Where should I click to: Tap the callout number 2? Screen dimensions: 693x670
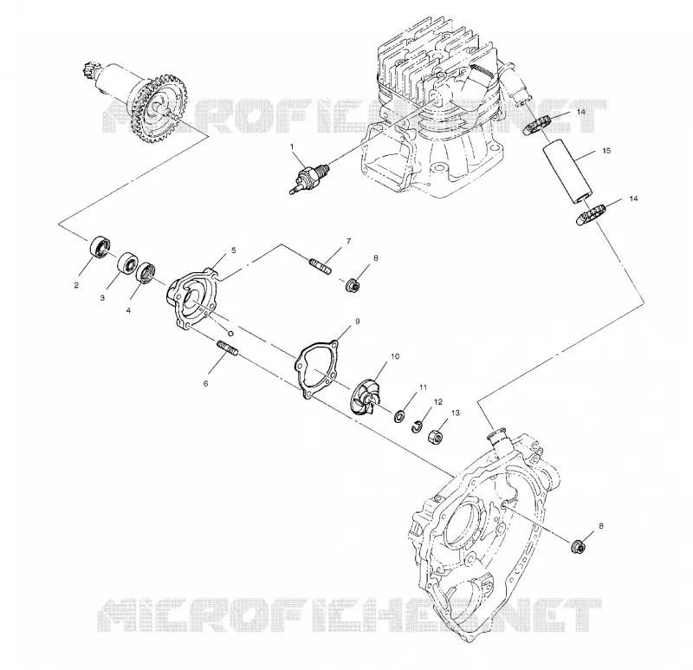point(76,285)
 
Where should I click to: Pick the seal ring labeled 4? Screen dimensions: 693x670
point(146,272)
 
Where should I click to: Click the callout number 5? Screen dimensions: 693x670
point(234,250)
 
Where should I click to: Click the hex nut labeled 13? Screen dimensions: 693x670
point(435,438)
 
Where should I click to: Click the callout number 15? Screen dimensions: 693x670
point(606,151)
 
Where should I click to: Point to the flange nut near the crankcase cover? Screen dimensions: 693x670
point(579,547)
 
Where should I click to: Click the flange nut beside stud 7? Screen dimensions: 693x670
point(353,284)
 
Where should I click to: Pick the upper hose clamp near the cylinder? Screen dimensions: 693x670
point(536,124)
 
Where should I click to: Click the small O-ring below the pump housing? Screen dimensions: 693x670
point(230,333)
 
